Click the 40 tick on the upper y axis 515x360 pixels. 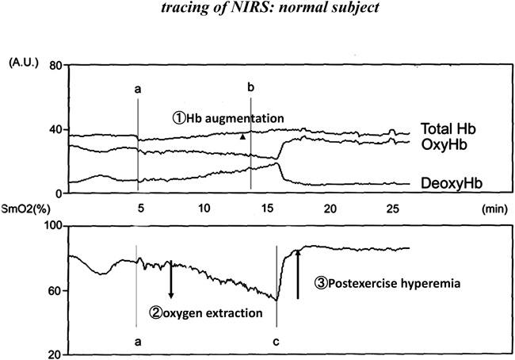[x=55, y=130]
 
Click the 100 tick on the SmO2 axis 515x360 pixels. [x=52, y=228]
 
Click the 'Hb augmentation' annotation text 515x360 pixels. [x=235, y=117]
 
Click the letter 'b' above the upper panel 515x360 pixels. [x=250, y=86]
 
